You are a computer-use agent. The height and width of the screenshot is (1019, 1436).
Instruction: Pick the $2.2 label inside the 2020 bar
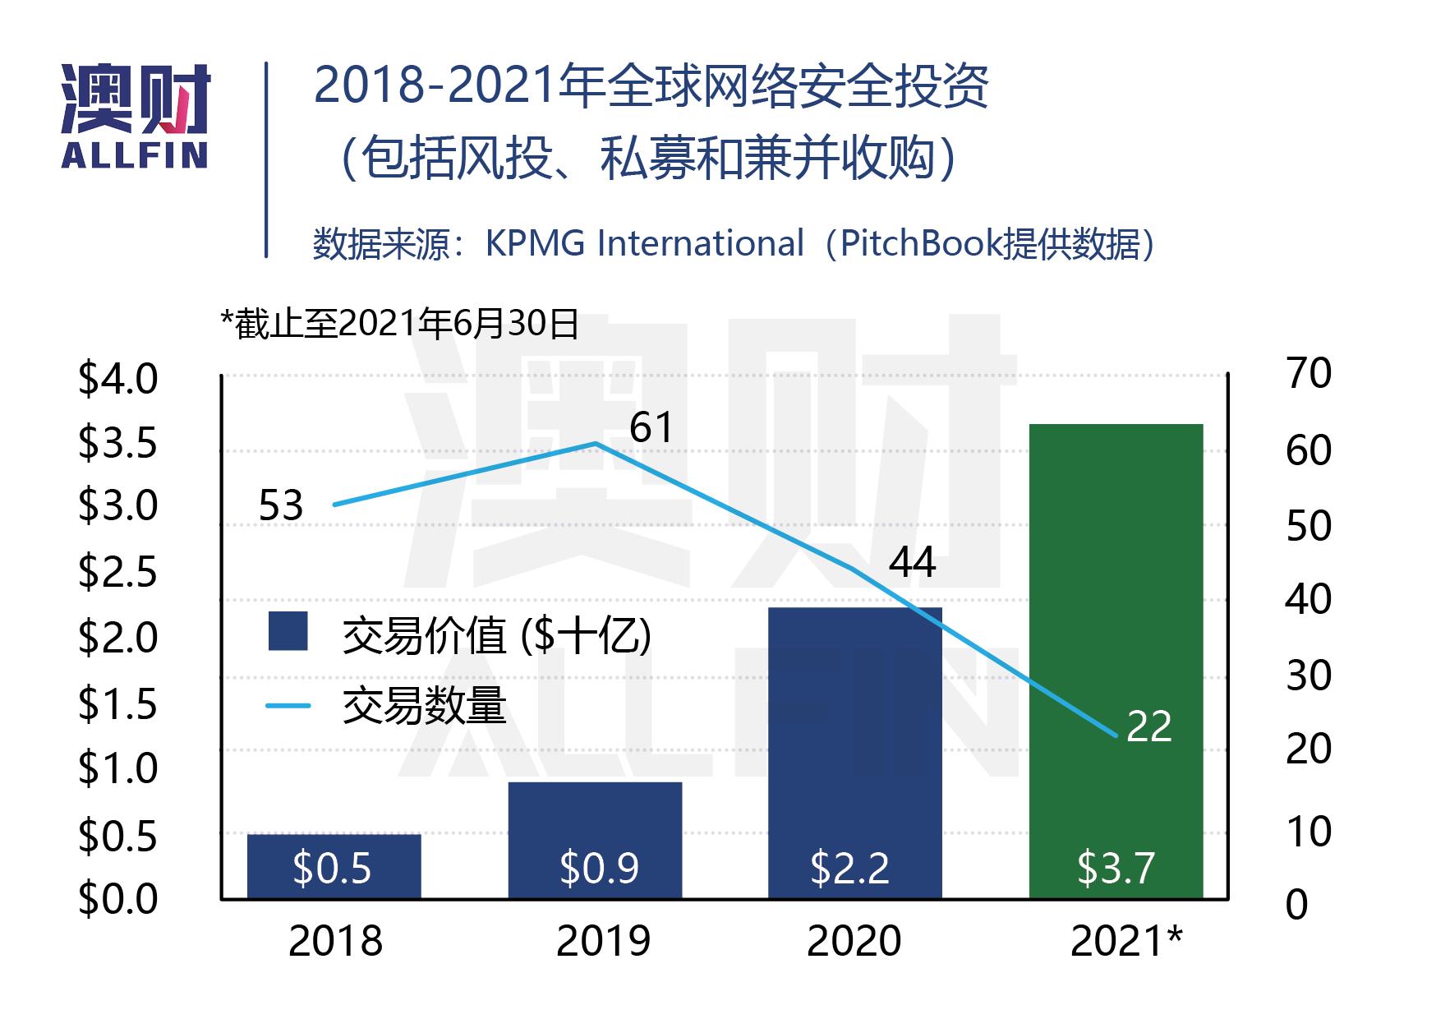[x=849, y=869]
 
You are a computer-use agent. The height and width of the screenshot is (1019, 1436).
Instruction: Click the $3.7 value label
[x=1116, y=869]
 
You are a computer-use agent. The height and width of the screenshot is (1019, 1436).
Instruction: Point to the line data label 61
[x=651, y=428]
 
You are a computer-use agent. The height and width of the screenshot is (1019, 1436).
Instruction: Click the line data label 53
[x=281, y=506]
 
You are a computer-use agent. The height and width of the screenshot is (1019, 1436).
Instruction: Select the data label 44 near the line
[x=912, y=563]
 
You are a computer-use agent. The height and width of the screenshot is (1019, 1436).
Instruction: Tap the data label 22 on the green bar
[x=1148, y=727]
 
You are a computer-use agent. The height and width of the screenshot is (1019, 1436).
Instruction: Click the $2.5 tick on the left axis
[x=117, y=572]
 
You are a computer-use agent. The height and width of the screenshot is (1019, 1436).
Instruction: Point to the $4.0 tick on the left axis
[x=117, y=380]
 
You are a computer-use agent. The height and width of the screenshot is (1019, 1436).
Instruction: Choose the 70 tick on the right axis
[x=1309, y=374]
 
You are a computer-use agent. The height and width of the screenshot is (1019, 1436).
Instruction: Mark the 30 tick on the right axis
[x=1309, y=675]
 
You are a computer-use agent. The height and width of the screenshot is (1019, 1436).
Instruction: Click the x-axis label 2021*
[x=1125, y=942]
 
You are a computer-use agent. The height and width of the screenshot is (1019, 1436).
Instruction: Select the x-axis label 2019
[x=603, y=942]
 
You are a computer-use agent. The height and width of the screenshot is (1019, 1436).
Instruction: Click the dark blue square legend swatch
[x=288, y=632]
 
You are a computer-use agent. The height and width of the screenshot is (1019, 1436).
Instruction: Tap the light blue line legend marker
[x=288, y=706]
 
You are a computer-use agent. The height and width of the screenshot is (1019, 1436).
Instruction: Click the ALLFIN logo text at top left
[x=135, y=155]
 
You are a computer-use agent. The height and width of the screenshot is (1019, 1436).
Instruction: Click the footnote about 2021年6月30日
[x=400, y=325]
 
